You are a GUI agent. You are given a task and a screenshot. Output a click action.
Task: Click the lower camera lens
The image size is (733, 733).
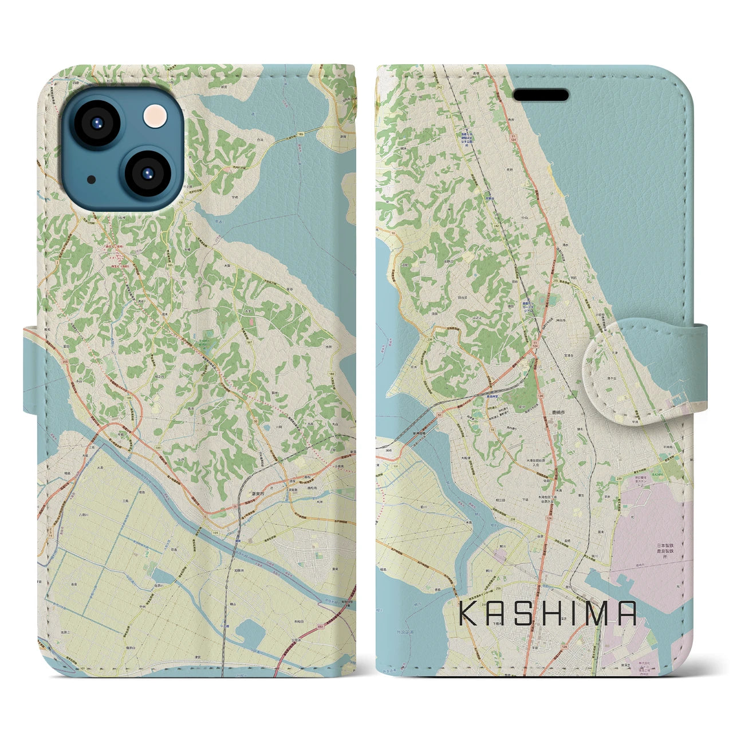tap(146, 173)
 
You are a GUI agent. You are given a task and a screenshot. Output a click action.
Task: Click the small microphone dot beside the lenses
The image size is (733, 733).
tap(91, 179)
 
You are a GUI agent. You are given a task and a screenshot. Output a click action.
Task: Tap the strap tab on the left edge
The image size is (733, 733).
tap(31, 369)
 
